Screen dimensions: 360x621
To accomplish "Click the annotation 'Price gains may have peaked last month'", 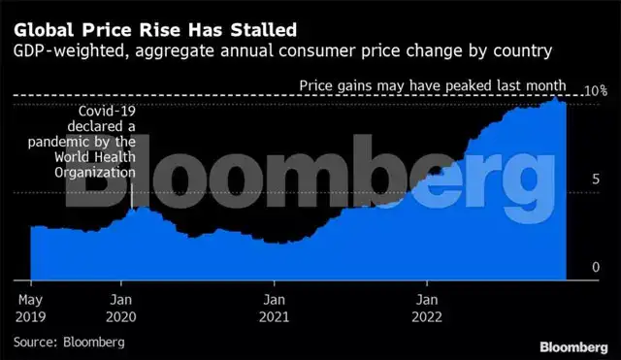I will [x=433, y=87].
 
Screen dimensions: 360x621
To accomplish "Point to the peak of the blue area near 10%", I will [x=555, y=97].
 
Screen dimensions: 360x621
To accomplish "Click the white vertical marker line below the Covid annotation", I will [x=131, y=195].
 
